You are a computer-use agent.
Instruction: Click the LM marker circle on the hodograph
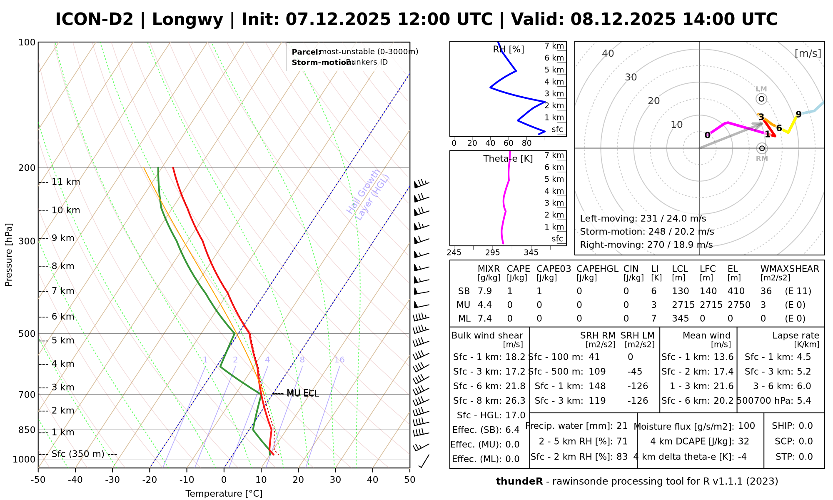click(x=761, y=99)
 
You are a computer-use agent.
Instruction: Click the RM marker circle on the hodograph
click(x=762, y=148)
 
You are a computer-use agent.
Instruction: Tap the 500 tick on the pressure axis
click(x=27, y=334)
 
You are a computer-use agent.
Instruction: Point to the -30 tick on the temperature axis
click(x=112, y=480)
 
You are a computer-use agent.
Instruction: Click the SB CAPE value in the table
click(x=510, y=291)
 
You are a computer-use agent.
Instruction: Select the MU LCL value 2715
click(x=683, y=305)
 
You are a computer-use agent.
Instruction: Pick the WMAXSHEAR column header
click(x=790, y=269)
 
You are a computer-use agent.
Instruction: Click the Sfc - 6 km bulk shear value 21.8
click(x=515, y=386)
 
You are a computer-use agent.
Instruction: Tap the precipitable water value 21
click(x=622, y=426)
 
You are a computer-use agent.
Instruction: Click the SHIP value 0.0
click(x=806, y=426)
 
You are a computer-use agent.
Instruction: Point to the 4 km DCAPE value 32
click(x=743, y=441)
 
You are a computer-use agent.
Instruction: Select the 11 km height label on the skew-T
click(x=66, y=182)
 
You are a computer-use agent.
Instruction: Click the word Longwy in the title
click(x=187, y=20)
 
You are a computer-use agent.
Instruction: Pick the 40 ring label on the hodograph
click(x=608, y=53)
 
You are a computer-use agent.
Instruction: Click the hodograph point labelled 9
click(x=798, y=114)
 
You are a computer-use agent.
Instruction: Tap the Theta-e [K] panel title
click(x=508, y=159)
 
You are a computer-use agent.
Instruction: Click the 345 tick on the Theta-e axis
click(x=531, y=252)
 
